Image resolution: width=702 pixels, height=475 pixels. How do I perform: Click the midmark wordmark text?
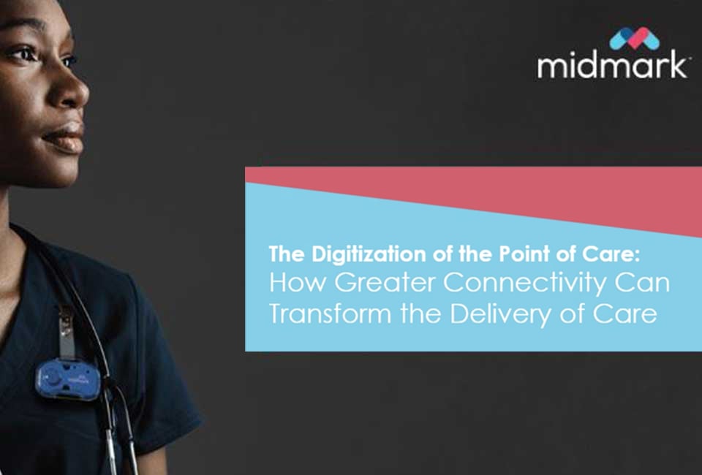pyautogui.click(x=612, y=66)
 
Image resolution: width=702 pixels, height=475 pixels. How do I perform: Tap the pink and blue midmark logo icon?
pyautogui.click(x=634, y=38)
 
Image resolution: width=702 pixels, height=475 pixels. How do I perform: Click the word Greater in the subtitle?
pyautogui.click(x=376, y=284)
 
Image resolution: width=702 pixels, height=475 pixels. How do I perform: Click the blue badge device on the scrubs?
pyautogui.click(x=67, y=379)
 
